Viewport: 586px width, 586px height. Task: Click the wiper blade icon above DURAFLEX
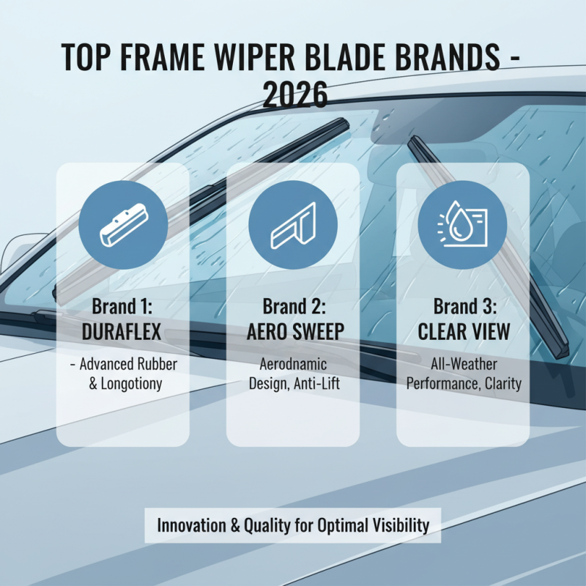point(122,224)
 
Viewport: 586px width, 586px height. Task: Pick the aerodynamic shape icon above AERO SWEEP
point(293,224)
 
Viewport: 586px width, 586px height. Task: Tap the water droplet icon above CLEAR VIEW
point(462,224)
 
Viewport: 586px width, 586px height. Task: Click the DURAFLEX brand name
point(122,332)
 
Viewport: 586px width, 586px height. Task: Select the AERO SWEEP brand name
point(293,332)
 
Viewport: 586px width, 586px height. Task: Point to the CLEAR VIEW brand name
point(464,332)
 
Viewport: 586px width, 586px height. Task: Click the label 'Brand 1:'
point(122,306)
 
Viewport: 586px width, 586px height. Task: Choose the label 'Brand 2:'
point(293,306)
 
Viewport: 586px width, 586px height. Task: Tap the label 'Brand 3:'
point(463,306)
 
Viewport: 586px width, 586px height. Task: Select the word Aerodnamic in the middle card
point(293,364)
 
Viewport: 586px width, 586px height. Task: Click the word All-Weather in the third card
point(464,364)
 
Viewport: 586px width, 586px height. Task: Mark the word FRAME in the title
point(153,58)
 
